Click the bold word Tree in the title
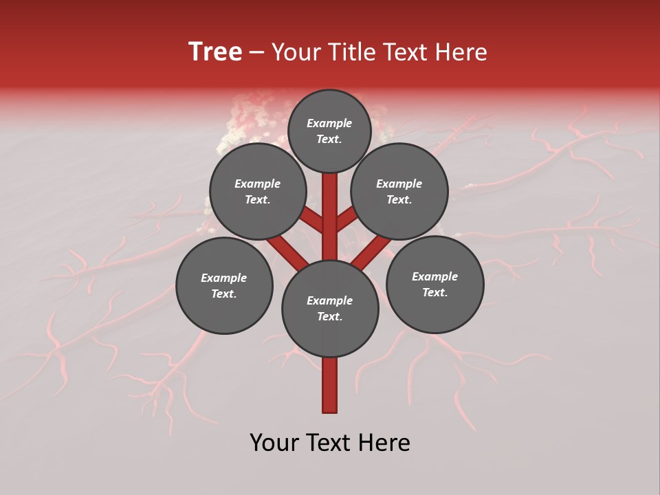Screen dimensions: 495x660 click(215, 52)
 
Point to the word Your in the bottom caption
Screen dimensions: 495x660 click(274, 443)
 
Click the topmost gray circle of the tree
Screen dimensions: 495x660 click(329, 131)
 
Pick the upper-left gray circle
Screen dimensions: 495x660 click(258, 191)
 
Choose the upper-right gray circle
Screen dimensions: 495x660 click(399, 191)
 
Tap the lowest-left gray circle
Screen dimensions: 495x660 click(224, 285)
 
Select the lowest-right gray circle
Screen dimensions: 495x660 click(434, 284)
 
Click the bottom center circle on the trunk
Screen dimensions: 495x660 click(330, 309)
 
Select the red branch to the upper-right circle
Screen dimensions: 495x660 click(347, 219)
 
